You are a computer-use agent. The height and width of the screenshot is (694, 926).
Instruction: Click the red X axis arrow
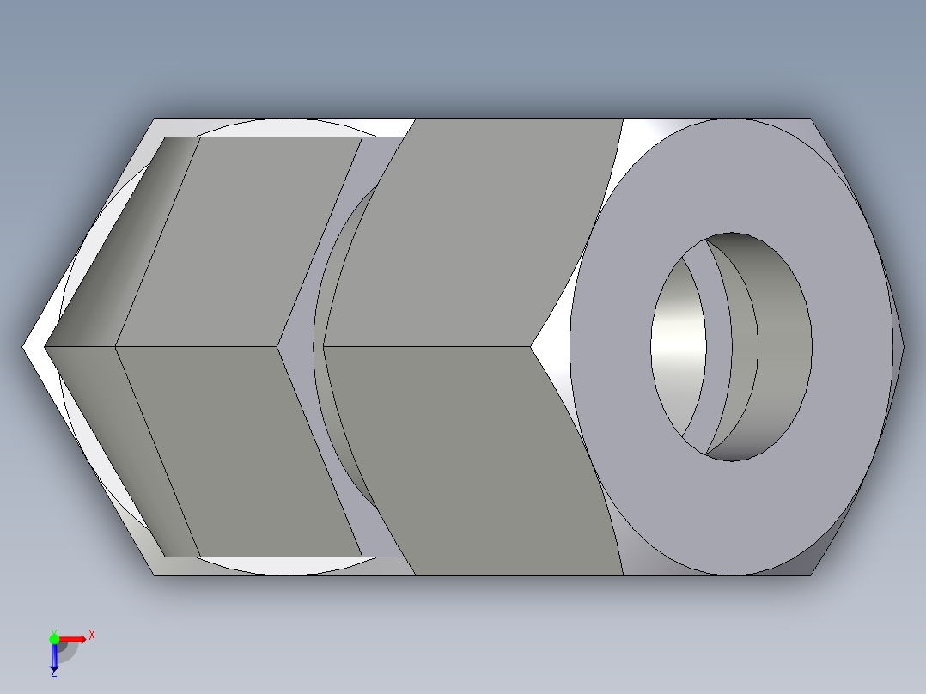(74, 639)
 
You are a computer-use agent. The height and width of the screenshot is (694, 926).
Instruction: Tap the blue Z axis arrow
(53, 658)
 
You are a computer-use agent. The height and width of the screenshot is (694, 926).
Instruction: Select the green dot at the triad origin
(54, 638)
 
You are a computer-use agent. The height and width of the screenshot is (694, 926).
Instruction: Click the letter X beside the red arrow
(92, 635)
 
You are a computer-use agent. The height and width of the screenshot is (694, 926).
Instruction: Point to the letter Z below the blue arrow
(53, 673)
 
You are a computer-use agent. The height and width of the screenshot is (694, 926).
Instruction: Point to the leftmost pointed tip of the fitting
(24, 347)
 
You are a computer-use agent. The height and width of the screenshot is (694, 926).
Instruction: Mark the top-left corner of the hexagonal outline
(155, 119)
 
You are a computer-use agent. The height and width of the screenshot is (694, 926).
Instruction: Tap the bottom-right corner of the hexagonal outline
(810, 575)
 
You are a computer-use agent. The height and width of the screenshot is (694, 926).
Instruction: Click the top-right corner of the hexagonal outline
(810, 119)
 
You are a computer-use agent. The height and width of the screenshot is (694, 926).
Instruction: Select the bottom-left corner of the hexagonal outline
(155, 575)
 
